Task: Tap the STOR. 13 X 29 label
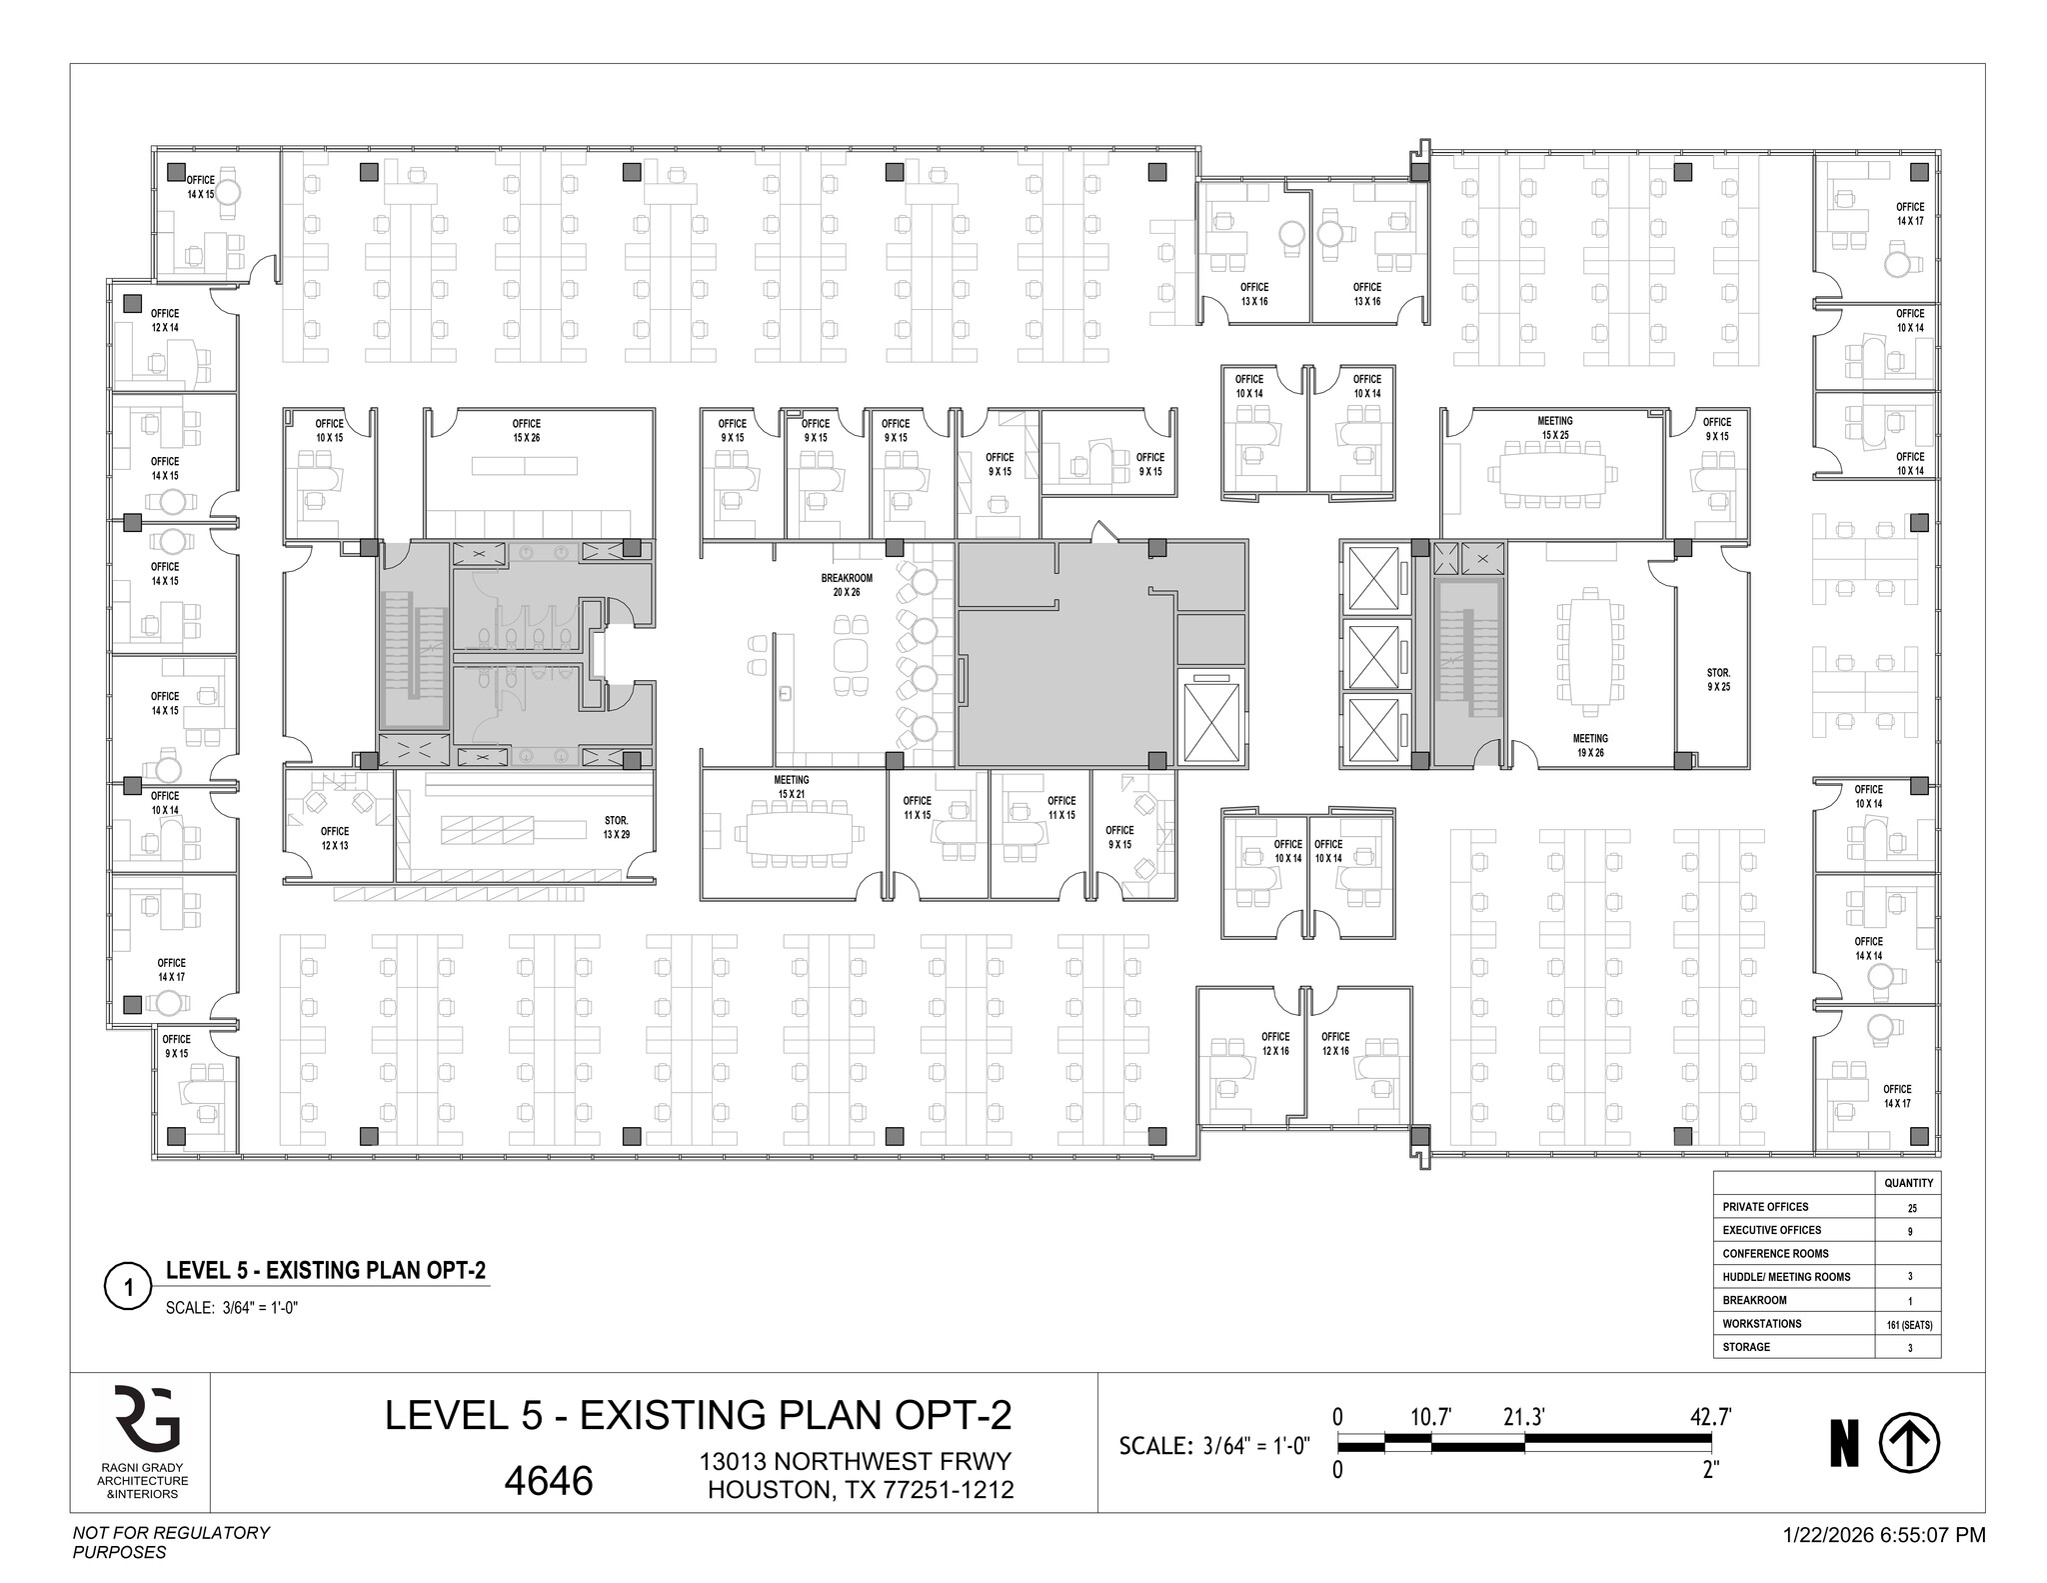click(616, 827)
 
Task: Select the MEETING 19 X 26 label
click(1589, 745)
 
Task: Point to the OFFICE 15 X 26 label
click(527, 430)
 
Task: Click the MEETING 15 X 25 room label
click(1554, 427)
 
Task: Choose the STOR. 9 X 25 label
click(1717, 680)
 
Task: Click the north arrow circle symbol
click(1909, 1445)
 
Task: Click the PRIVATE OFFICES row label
click(1765, 1207)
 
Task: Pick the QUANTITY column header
click(1907, 1183)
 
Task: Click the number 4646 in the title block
click(549, 1481)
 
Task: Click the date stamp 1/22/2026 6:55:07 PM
click(1884, 1534)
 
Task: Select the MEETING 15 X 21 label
click(791, 786)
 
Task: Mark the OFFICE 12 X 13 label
click(335, 838)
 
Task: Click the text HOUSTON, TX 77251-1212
click(861, 1490)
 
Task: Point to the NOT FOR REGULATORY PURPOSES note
click(171, 1542)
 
